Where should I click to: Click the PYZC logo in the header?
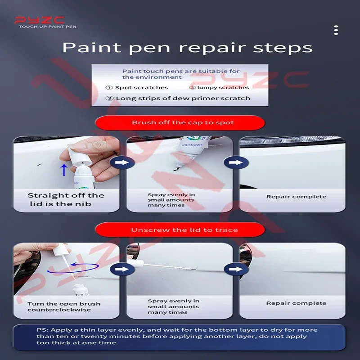click(40, 20)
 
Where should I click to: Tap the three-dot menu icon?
click(336, 30)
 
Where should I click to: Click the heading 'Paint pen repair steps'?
click(187, 47)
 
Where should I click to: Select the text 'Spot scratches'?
click(141, 88)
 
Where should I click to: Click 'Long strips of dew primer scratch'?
click(183, 98)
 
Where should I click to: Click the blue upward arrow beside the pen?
click(64, 170)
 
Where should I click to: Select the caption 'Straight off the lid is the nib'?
click(66, 199)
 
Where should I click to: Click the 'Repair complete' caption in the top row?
click(296, 197)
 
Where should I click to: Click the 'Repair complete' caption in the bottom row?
click(296, 303)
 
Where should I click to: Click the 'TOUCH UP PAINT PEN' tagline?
click(47, 27)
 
